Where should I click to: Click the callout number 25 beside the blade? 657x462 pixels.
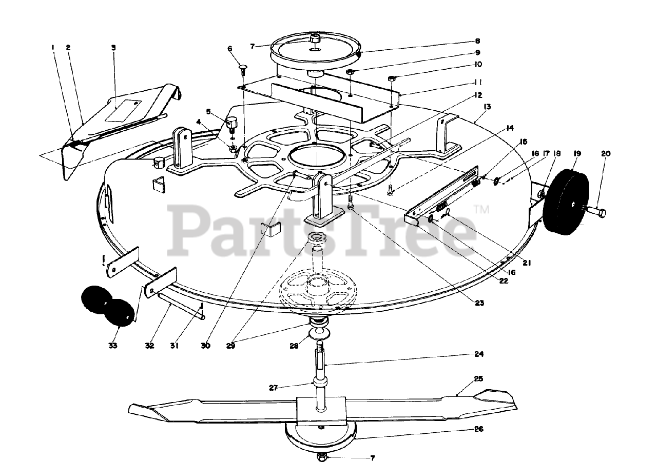coord(478,379)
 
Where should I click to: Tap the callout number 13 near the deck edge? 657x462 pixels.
coord(487,107)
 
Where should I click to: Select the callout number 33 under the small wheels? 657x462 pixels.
coord(113,346)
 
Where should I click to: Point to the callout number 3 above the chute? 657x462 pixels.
coord(113,48)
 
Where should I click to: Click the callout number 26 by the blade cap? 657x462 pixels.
coord(478,429)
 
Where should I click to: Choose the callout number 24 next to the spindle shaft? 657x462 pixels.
coord(478,354)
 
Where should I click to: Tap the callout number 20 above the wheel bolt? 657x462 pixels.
coord(606,153)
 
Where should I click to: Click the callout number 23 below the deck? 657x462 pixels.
coord(479,303)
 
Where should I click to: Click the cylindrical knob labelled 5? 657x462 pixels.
coord(231,123)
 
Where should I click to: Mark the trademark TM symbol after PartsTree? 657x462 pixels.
coord(481,209)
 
